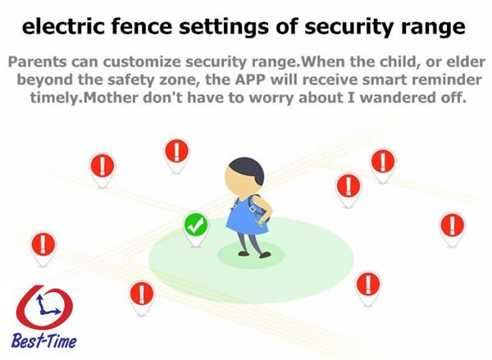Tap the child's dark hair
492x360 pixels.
[248, 170]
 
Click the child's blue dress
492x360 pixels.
[246, 216]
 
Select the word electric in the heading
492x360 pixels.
[63, 26]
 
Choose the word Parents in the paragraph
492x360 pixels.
[38, 62]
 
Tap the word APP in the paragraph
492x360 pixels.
[251, 80]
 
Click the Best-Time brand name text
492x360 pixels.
[44, 341]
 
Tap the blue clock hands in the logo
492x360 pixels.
[47, 305]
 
